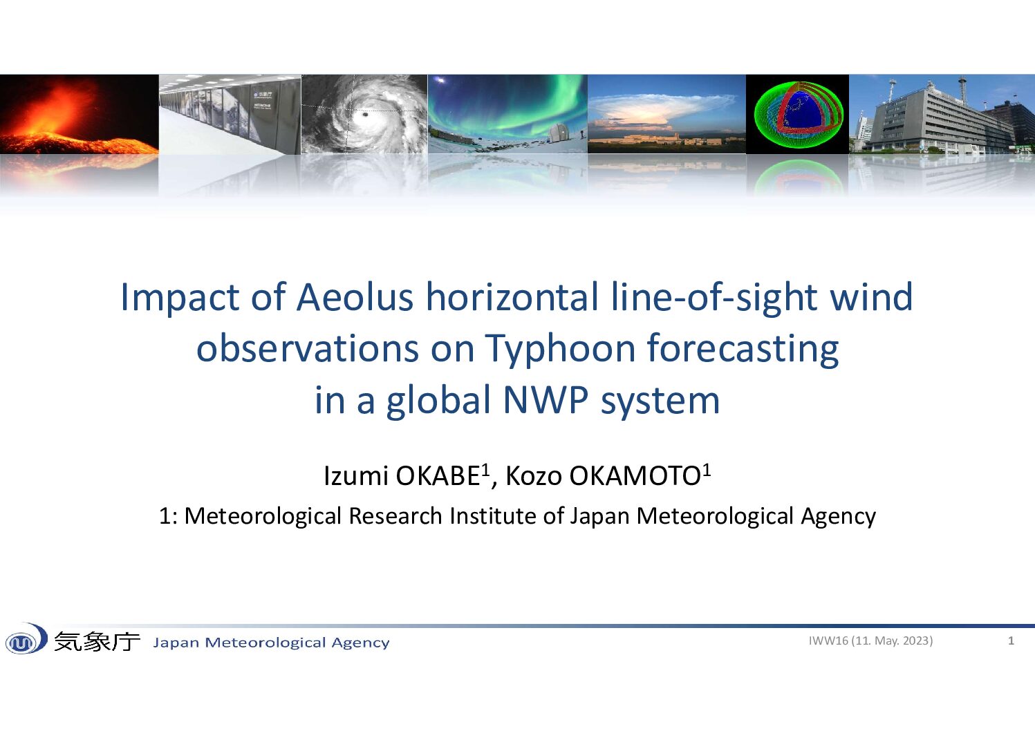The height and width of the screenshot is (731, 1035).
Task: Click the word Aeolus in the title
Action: click(x=355, y=297)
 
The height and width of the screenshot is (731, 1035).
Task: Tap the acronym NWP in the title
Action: click(x=546, y=400)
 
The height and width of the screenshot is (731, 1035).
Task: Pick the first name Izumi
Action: click(x=356, y=475)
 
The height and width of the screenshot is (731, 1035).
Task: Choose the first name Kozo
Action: click(x=534, y=475)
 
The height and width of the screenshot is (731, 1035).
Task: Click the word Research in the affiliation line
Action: click(x=395, y=516)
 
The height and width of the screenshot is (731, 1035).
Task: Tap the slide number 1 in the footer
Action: click(x=1011, y=640)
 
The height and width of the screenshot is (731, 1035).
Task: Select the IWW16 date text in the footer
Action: click(x=870, y=640)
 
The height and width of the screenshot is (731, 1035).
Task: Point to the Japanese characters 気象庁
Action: click(x=97, y=641)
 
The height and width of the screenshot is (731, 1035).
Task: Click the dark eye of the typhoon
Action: click(x=365, y=114)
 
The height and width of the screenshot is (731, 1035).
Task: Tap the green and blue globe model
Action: click(x=798, y=113)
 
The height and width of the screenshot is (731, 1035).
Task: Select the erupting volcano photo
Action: click(x=79, y=113)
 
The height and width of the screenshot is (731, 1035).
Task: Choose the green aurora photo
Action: click(x=507, y=113)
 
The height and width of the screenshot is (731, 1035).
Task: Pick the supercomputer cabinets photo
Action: click(x=230, y=114)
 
